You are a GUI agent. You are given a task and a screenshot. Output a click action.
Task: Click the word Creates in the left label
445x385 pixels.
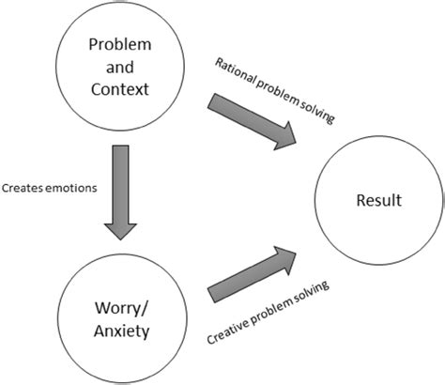[x=23, y=188]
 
